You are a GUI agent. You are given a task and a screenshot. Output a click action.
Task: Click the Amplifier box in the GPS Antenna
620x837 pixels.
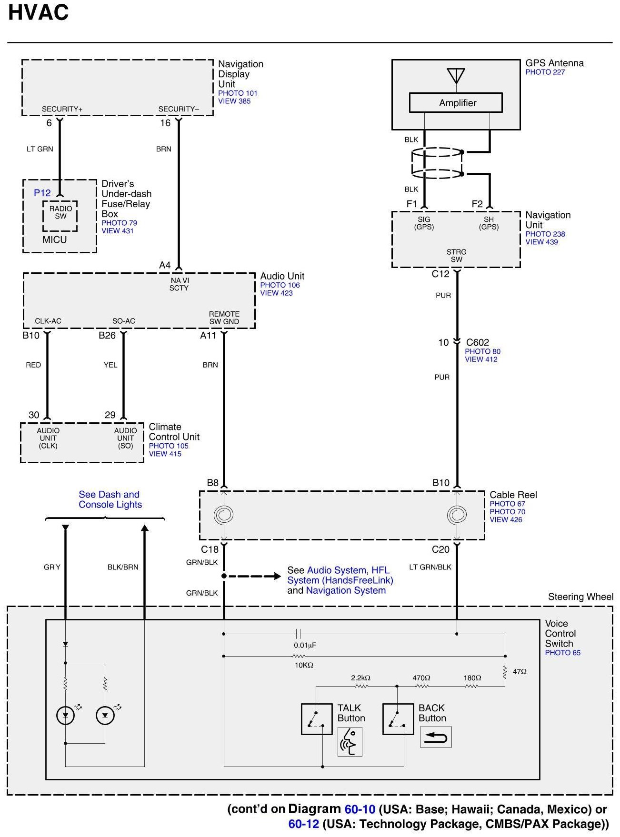point(456,103)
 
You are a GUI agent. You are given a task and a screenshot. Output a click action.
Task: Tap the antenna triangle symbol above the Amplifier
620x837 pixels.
point(456,75)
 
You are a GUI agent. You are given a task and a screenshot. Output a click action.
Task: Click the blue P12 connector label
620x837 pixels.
point(42,193)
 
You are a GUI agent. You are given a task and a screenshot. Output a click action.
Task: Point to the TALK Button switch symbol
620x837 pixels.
point(317,719)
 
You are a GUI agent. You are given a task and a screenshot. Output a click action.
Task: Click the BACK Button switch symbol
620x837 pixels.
point(398,719)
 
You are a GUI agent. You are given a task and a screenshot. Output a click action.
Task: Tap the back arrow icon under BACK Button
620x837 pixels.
point(435,737)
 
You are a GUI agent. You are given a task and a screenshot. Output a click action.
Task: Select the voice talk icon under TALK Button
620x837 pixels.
point(350,741)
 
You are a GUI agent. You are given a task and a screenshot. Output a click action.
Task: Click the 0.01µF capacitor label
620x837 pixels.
point(305,645)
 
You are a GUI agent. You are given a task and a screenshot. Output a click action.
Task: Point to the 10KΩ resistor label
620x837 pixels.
point(304,665)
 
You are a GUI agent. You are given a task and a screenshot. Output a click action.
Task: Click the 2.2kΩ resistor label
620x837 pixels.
point(360,678)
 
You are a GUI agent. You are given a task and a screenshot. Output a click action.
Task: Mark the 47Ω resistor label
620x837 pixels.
point(520,671)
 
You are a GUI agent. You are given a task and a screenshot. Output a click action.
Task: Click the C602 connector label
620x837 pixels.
point(477,342)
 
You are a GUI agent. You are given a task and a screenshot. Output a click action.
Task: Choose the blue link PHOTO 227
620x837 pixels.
point(545,72)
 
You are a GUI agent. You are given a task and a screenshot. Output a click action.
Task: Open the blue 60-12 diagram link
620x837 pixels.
point(303,824)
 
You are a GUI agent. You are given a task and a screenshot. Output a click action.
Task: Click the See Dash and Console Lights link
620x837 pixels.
point(110,499)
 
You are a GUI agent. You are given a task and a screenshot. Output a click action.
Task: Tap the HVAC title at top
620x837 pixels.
point(39,13)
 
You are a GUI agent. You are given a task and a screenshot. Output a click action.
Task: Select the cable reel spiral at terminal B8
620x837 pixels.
point(223,515)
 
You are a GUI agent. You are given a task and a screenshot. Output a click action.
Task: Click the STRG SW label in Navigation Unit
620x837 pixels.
point(456,256)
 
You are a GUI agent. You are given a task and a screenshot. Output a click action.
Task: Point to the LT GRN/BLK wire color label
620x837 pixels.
point(430,567)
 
